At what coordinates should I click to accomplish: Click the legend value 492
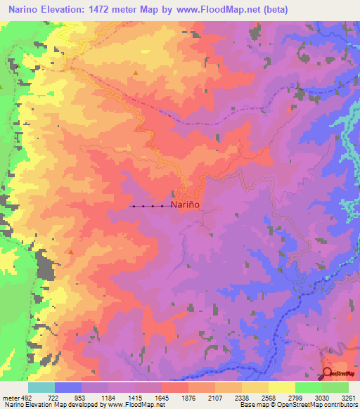tap(25, 398)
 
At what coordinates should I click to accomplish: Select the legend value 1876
tap(188, 398)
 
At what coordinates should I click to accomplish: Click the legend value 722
tap(54, 398)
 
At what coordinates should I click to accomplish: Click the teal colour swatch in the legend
tap(41, 387)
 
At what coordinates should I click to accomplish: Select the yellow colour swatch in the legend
tap(281, 387)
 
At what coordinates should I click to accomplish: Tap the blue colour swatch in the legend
tap(68, 387)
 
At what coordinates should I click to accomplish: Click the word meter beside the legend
tap(8, 398)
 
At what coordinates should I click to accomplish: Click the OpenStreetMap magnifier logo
tap(328, 373)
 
